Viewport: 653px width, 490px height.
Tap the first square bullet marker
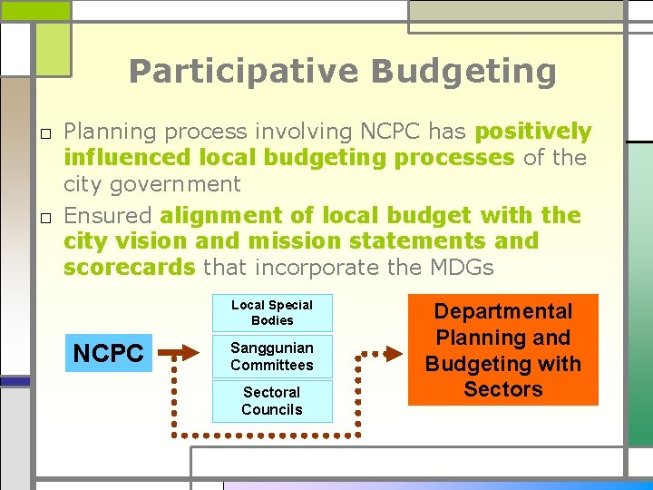[x=43, y=133]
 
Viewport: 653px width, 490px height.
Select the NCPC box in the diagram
[x=108, y=353]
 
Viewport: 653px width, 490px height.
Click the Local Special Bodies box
[x=272, y=313]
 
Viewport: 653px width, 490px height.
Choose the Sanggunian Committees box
[x=272, y=357]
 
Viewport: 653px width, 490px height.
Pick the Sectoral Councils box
[x=272, y=401]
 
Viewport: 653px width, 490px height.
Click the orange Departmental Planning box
[x=502, y=349]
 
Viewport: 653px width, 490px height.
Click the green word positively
[x=533, y=132]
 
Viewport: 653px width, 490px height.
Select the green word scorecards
[x=129, y=268]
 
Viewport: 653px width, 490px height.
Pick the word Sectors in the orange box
[x=502, y=389]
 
